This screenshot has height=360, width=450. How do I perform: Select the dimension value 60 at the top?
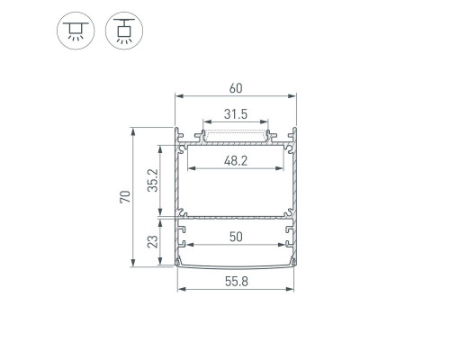pyautogui.click(x=236, y=88)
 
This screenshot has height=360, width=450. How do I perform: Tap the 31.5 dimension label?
pyautogui.click(x=236, y=115)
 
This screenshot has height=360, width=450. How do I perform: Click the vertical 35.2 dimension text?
pyautogui.click(x=153, y=180)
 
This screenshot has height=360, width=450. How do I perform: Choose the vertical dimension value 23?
pyautogui.click(x=153, y=241)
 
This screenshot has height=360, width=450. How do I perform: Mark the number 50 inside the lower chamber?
pyautogui.click(x=236, y=237)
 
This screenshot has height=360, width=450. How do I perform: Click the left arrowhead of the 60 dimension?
pyautogui.click(x=178, y=95)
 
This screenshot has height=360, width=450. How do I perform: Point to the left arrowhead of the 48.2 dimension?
pyautogui.click(x=189, y=167)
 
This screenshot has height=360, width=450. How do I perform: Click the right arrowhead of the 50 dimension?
pyautogui.click(x=283, y=244)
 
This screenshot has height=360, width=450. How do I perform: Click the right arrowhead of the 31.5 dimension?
pyautogui.click(x=267, y=122)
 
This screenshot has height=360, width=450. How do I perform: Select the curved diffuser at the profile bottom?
pyautogui.click(x=236, y=264)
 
